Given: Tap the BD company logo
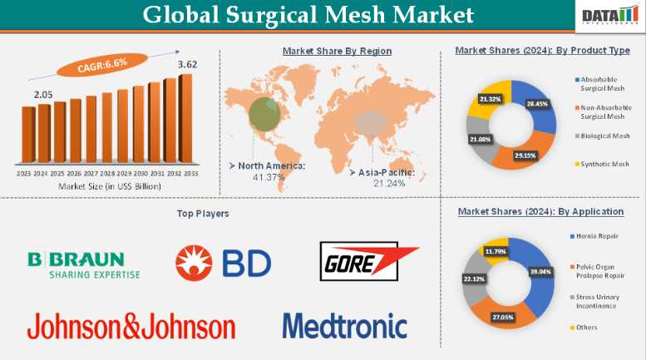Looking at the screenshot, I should pyautogui.click(x=222, y=264).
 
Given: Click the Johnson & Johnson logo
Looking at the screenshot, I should pyautogui.click(x=131, y=325).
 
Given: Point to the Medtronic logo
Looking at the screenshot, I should pyautogui.click(x=344, y=325).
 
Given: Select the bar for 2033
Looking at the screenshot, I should pyautogui.click(x=186, y=121).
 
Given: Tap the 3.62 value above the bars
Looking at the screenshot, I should pyautogui.click(x=187, y=63).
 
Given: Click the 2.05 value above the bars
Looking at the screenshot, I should pyautogui.click(x=43, y=96).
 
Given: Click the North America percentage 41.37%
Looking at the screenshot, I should pyautogui.click(x=270, y=177).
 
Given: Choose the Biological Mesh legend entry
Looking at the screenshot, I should pyautogui.click(x=603, y=136).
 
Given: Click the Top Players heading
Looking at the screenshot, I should pyautogui.click(x=203, y=214).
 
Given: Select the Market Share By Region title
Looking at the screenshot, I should pyautogui.click(x=337, y=51).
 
